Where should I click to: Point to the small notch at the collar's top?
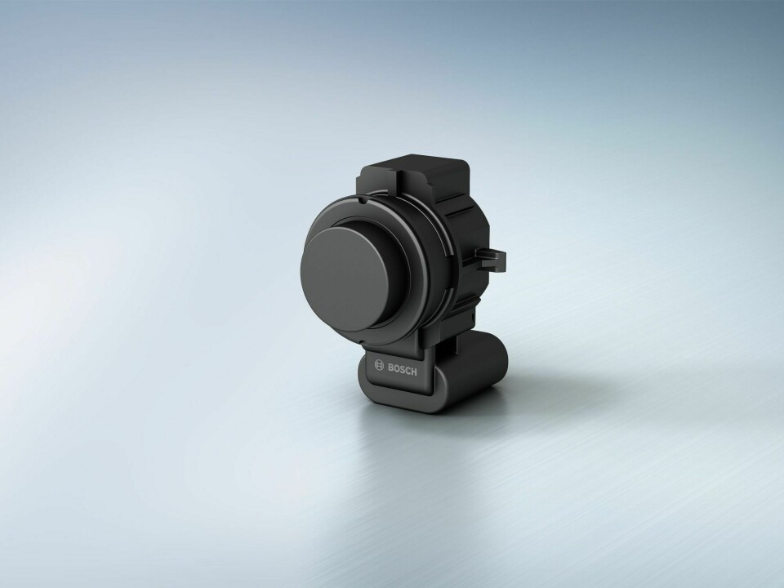[x=360, y=196]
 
